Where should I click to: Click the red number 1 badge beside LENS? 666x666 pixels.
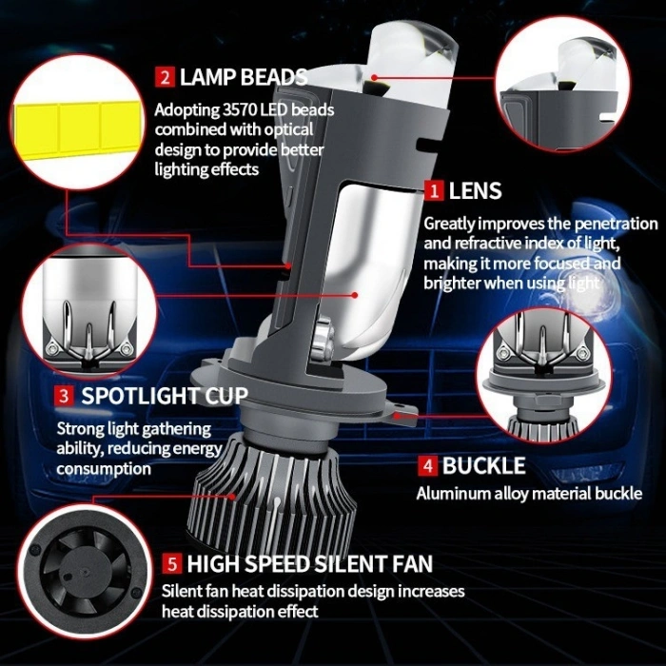coord(435,191)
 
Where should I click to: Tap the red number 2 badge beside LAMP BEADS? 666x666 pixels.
coord(166,77)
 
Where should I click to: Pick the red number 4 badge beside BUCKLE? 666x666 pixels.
coord(427,466)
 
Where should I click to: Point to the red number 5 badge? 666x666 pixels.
coord(171,564)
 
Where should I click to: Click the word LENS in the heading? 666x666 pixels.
coord(475,191)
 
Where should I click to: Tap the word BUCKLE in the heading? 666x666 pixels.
coord(483,466)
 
